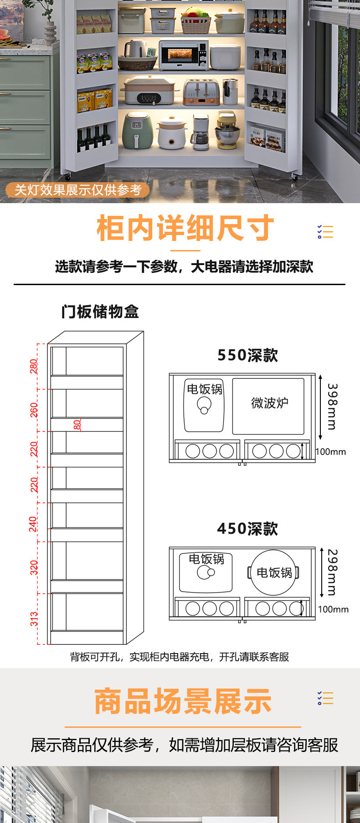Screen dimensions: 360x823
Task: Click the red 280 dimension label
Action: [x=34, y=366]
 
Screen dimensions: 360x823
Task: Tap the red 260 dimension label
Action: [x=34, y=410]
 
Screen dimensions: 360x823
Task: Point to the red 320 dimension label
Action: [x=34, y=567]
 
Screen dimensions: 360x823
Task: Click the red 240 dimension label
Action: [x=33, y=523]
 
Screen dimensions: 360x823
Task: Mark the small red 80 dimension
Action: [x=77, y=424]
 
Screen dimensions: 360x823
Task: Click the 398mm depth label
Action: [x=332, y=406]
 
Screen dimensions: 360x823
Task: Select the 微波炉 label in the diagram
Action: [x=269, y=403]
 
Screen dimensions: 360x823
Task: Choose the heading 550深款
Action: [x=247, y=355]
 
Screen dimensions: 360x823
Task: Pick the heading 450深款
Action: [x=247, y=529]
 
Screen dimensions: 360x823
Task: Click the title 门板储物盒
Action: [x=100, y=312]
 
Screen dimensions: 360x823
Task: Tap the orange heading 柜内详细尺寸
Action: [x=185, y=228]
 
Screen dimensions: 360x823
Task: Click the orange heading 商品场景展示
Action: [x=183, y=701]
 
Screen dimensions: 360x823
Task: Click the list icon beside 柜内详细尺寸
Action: [x=325, y=231]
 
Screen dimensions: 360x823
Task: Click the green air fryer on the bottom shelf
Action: [x=137, y=130]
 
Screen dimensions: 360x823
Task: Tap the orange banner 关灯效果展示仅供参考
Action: [x=78, y=190]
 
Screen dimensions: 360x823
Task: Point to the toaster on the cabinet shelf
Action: [x=201, y=92]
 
